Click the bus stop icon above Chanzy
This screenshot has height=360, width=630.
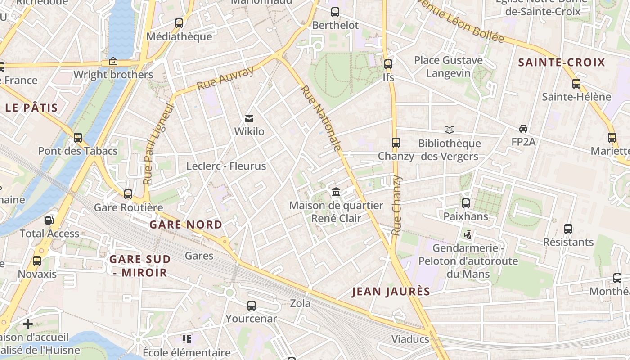396,143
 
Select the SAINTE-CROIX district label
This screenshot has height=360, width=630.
562,63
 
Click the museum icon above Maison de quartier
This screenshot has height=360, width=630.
336,192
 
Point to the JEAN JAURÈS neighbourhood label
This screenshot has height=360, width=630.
391,292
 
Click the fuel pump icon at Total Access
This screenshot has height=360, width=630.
49,220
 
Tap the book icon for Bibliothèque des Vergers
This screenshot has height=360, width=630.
449,130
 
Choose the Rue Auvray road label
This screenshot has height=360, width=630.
225,78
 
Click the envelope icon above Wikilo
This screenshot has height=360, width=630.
249,119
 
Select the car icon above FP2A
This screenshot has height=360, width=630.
523,129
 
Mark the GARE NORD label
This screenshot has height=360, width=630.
185,225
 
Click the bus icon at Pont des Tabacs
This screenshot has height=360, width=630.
78,138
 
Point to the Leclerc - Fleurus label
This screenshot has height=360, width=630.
226,166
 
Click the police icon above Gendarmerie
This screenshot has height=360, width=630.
468,234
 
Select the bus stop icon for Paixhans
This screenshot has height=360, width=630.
466,203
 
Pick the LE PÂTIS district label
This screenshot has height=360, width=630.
31,108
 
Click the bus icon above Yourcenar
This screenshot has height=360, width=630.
252,306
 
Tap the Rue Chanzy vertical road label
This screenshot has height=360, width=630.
396,205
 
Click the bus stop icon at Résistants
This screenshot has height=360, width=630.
568,229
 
